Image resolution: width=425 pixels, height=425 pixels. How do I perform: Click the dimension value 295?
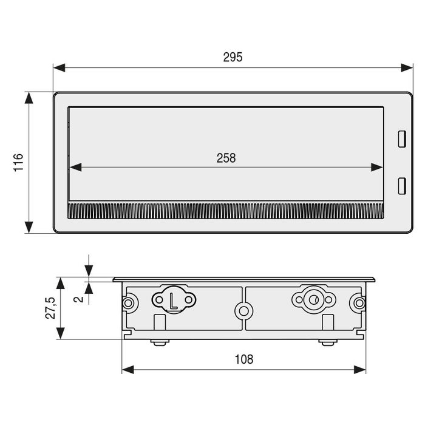(233, 57)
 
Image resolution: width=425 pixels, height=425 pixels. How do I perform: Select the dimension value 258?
(226, 158)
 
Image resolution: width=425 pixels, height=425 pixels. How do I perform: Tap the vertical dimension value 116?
(18, 163)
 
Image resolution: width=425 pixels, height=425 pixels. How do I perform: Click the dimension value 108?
(243, 359)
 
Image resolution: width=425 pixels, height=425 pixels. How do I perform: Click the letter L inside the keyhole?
(174, 301)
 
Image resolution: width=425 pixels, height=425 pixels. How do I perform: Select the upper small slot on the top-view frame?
(401, 138)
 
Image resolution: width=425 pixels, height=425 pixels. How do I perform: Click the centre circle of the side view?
(244, 311)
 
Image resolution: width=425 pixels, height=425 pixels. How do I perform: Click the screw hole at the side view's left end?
(129, 303)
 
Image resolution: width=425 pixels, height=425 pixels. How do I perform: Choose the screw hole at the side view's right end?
(359, 302)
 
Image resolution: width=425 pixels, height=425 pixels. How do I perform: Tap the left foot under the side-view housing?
(159, 343)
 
